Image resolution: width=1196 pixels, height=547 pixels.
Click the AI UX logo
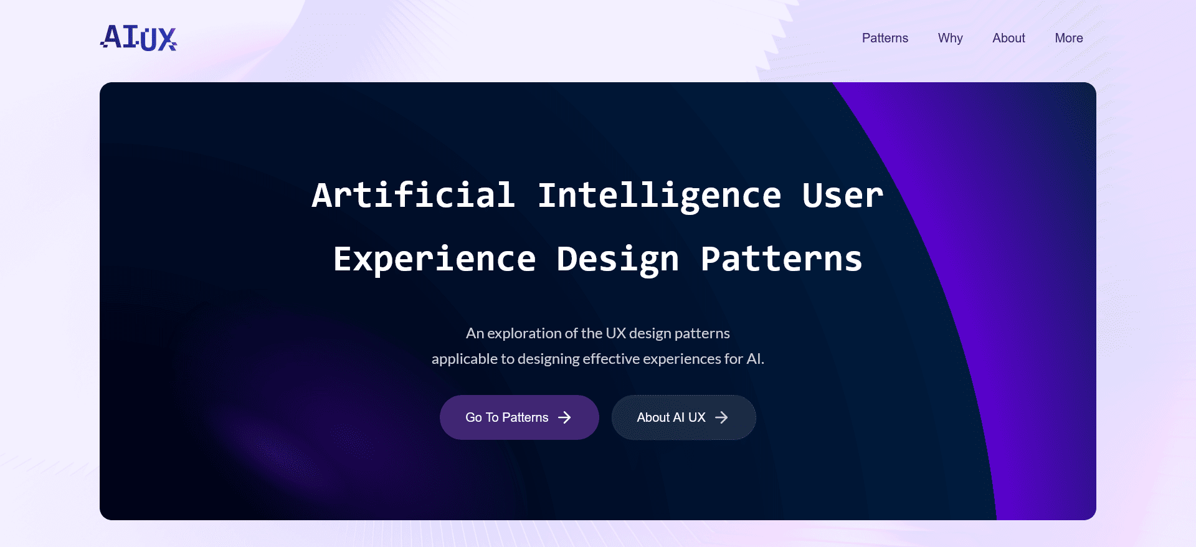pos(138,37)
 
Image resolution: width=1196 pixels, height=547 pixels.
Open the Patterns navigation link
pos(885,38)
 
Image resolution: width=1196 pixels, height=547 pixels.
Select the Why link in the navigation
pos(950,38)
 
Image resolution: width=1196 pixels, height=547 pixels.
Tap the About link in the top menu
pos(1009,38)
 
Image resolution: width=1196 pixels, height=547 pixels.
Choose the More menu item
pos(1068,38)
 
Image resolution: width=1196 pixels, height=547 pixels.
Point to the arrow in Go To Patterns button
pos(564,417)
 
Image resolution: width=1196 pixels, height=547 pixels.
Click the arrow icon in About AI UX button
pos(721,417)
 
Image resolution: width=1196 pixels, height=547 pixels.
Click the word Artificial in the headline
pos(413,195)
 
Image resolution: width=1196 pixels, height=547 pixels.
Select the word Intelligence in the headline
pos(659,196)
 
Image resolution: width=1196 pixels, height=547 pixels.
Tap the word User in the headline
pos(842,195)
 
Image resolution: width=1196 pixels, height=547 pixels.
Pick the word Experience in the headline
pos(434,259)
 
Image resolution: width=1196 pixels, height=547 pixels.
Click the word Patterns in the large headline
pos(781,259)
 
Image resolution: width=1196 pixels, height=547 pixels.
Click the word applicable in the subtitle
pos(464,359)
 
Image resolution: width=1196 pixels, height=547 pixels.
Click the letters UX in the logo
pos(159,39)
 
